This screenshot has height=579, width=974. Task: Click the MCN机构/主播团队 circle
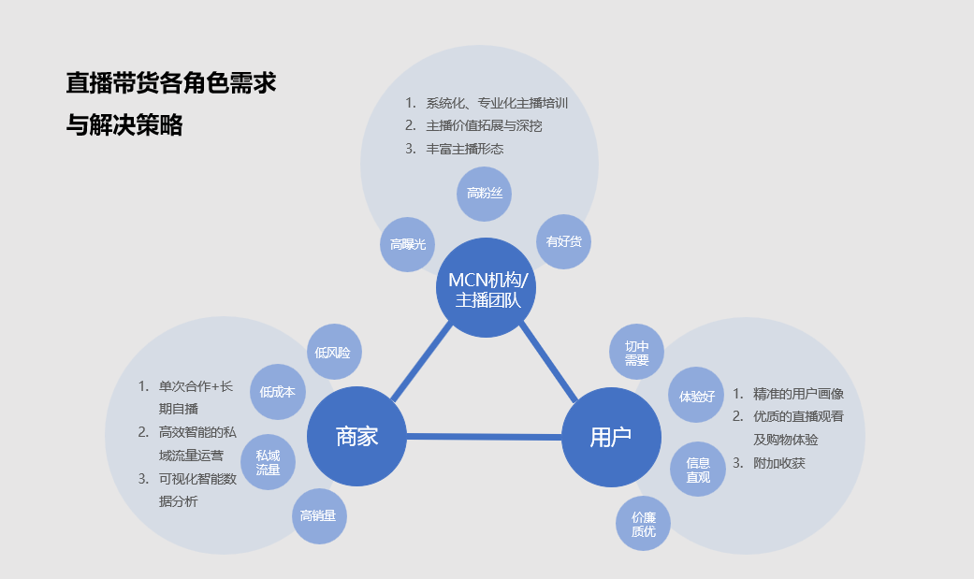[487, 288]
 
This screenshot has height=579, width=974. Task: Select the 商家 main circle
[356, 436]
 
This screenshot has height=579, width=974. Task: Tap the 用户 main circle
[611, 437]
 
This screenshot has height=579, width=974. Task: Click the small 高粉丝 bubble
[485, 194]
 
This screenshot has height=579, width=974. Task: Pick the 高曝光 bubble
[408, 244]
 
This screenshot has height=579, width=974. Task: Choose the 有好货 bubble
[564, 241]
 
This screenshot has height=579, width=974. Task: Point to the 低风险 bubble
[333, 353]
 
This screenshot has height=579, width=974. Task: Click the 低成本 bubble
[278, 392]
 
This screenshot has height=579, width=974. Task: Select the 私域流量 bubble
[269, 462]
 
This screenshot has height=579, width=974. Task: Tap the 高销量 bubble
[319, 515]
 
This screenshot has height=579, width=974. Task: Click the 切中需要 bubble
[637, 353]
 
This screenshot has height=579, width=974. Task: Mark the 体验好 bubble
[697, 396]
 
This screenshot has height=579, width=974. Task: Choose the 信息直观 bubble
[698, 470]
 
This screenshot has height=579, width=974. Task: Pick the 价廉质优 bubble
[644, 524]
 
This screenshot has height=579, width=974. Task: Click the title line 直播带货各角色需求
[171, 82]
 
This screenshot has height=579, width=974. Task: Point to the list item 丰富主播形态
[465, 148]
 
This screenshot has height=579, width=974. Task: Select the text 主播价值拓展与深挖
[484, 125]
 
